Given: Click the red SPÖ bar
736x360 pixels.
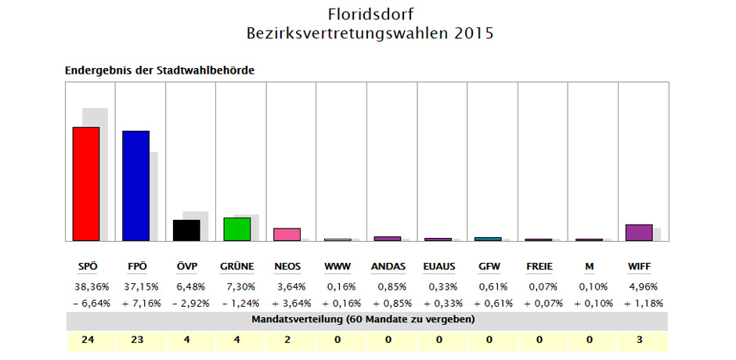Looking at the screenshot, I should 86,184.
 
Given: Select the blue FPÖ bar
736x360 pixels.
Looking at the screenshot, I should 135,185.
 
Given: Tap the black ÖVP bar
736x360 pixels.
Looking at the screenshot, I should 186,230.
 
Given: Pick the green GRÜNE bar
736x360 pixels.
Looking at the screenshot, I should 236,229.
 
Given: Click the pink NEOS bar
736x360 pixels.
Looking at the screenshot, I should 287,234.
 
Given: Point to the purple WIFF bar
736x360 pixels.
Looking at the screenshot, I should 639,232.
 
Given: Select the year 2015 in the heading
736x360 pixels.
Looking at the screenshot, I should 473,34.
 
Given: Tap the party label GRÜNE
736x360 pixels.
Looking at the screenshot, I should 236,267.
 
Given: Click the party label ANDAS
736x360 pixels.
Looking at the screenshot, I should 388,267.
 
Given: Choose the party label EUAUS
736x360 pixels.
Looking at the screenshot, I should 438,267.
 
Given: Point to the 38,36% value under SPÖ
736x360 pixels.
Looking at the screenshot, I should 85,286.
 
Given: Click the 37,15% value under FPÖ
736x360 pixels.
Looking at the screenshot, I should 136,286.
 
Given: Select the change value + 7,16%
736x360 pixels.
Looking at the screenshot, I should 136,303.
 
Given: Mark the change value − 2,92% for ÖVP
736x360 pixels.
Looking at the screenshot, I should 186,303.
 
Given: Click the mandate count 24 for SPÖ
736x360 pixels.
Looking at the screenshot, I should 85,340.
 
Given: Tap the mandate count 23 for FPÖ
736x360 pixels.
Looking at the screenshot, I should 136,340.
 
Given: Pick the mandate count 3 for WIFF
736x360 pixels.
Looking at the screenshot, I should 640,340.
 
